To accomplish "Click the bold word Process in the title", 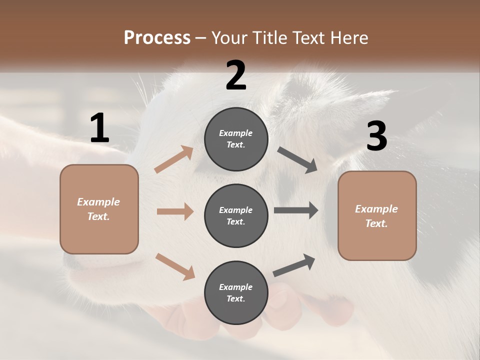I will click(157, 37).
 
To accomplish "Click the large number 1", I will click(99, 128).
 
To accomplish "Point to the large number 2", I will click(236, 75).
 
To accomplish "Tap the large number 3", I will click(376, 136).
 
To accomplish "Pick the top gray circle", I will click(236, 139).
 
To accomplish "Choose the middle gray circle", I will click(236, 215).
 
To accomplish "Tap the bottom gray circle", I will click(236, 292).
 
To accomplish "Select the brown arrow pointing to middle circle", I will click(175, 211).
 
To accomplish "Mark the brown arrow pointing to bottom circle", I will click(175, 266).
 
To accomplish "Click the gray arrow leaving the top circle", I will click(297, 160).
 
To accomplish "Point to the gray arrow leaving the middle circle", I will click(296, 210).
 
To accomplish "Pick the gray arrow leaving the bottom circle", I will click(294, 265).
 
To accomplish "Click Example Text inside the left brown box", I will click(98, 209).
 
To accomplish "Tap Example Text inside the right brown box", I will click(376, 216).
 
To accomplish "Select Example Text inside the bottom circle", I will click(235, 293).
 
